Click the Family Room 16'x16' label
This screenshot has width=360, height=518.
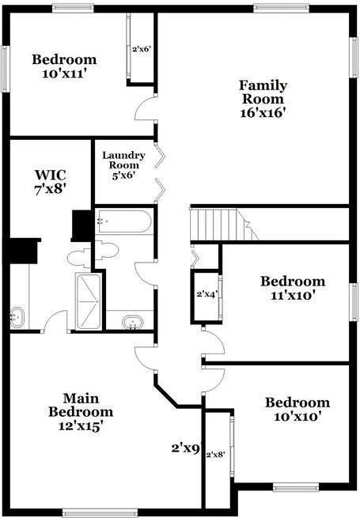tap(263, 99)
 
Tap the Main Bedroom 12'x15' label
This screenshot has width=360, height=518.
tap(81, 412)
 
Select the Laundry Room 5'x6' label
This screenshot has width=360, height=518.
tap(124, 165)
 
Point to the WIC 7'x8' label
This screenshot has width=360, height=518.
tap(51, 182)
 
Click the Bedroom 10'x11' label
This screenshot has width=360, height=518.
tap(64, 66)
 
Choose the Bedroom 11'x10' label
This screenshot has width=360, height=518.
tap(293, 288)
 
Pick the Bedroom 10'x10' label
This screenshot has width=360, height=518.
tap(297, 410)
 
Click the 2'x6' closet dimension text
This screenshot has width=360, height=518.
tap(142, 49)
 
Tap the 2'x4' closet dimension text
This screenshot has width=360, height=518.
tap(207, 294)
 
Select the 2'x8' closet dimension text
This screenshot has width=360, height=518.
tap(215, 455)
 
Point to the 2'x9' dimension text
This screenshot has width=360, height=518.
tap(186, 448)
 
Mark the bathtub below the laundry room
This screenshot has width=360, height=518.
tap(124, 221)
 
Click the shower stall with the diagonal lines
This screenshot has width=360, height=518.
tap(89, 301)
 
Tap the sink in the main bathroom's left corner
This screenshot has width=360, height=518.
tap(17, 317)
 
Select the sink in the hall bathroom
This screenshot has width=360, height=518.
tap(133, 323)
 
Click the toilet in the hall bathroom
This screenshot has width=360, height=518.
tap(107, 250)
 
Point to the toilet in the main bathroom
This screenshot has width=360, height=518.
tap(79, 258)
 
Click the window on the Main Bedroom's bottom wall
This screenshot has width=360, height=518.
tap(100, 512)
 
